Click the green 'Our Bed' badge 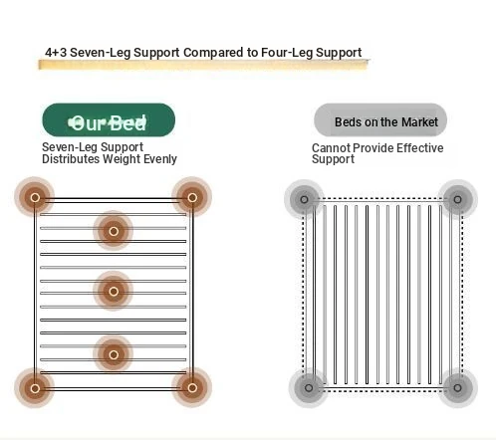pyautogui.click(x=109, y=120)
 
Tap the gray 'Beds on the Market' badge pyautogui.click(x=380, y=119)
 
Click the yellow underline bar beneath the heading pyautogui.click(x=203, y=65)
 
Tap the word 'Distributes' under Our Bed pyautogui.click(x=71, y=159)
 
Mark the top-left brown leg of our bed pyautogui.click(x=35, y=198)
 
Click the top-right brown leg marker pyautogui.click(x=192, y=198)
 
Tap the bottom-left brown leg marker pyautogui.click(x=35, y=388)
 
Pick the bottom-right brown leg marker pyautogui.click(x=192, y=387)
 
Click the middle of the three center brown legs pyautogui.click(x=114, y=292)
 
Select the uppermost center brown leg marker pyautogui.click(x=114, y=231)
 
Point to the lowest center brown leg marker pyautogui.click(x=114, y=354)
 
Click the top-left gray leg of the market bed pyautogui.click(x=304, y=199)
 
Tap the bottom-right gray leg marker pyautogui.click(x=457, y=387)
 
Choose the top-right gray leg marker pyautogui.click(x=457, y=199)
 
